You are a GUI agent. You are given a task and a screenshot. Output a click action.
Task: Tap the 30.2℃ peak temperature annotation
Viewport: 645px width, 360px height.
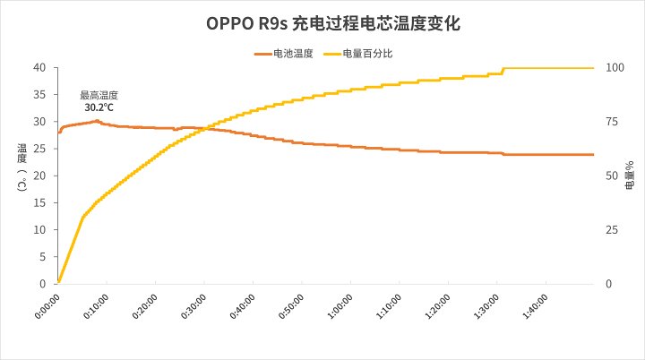(x=99, y=107)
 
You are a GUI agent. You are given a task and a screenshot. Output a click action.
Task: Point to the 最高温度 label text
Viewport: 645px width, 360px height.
(x=99, y=95)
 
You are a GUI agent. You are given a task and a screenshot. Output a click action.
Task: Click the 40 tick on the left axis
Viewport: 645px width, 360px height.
(x=40, y=68)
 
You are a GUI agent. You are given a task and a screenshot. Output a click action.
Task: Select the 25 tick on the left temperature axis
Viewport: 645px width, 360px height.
(x=40, y=149)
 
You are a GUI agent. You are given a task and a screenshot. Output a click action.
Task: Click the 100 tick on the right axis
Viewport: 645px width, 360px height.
(x=616, y=68)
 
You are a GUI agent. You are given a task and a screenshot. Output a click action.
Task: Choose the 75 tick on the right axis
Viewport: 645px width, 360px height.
(x=614, y=122)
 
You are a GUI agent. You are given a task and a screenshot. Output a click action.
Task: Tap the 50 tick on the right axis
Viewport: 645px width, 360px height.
(x=614, y=176)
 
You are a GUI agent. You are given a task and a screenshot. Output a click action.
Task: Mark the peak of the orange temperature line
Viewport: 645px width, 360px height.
(x=97, y=120)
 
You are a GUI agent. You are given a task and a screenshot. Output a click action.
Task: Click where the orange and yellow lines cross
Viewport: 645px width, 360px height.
(x=204, y=129)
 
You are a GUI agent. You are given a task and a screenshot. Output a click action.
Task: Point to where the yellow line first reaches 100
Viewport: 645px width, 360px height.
(x=504, y=68)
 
